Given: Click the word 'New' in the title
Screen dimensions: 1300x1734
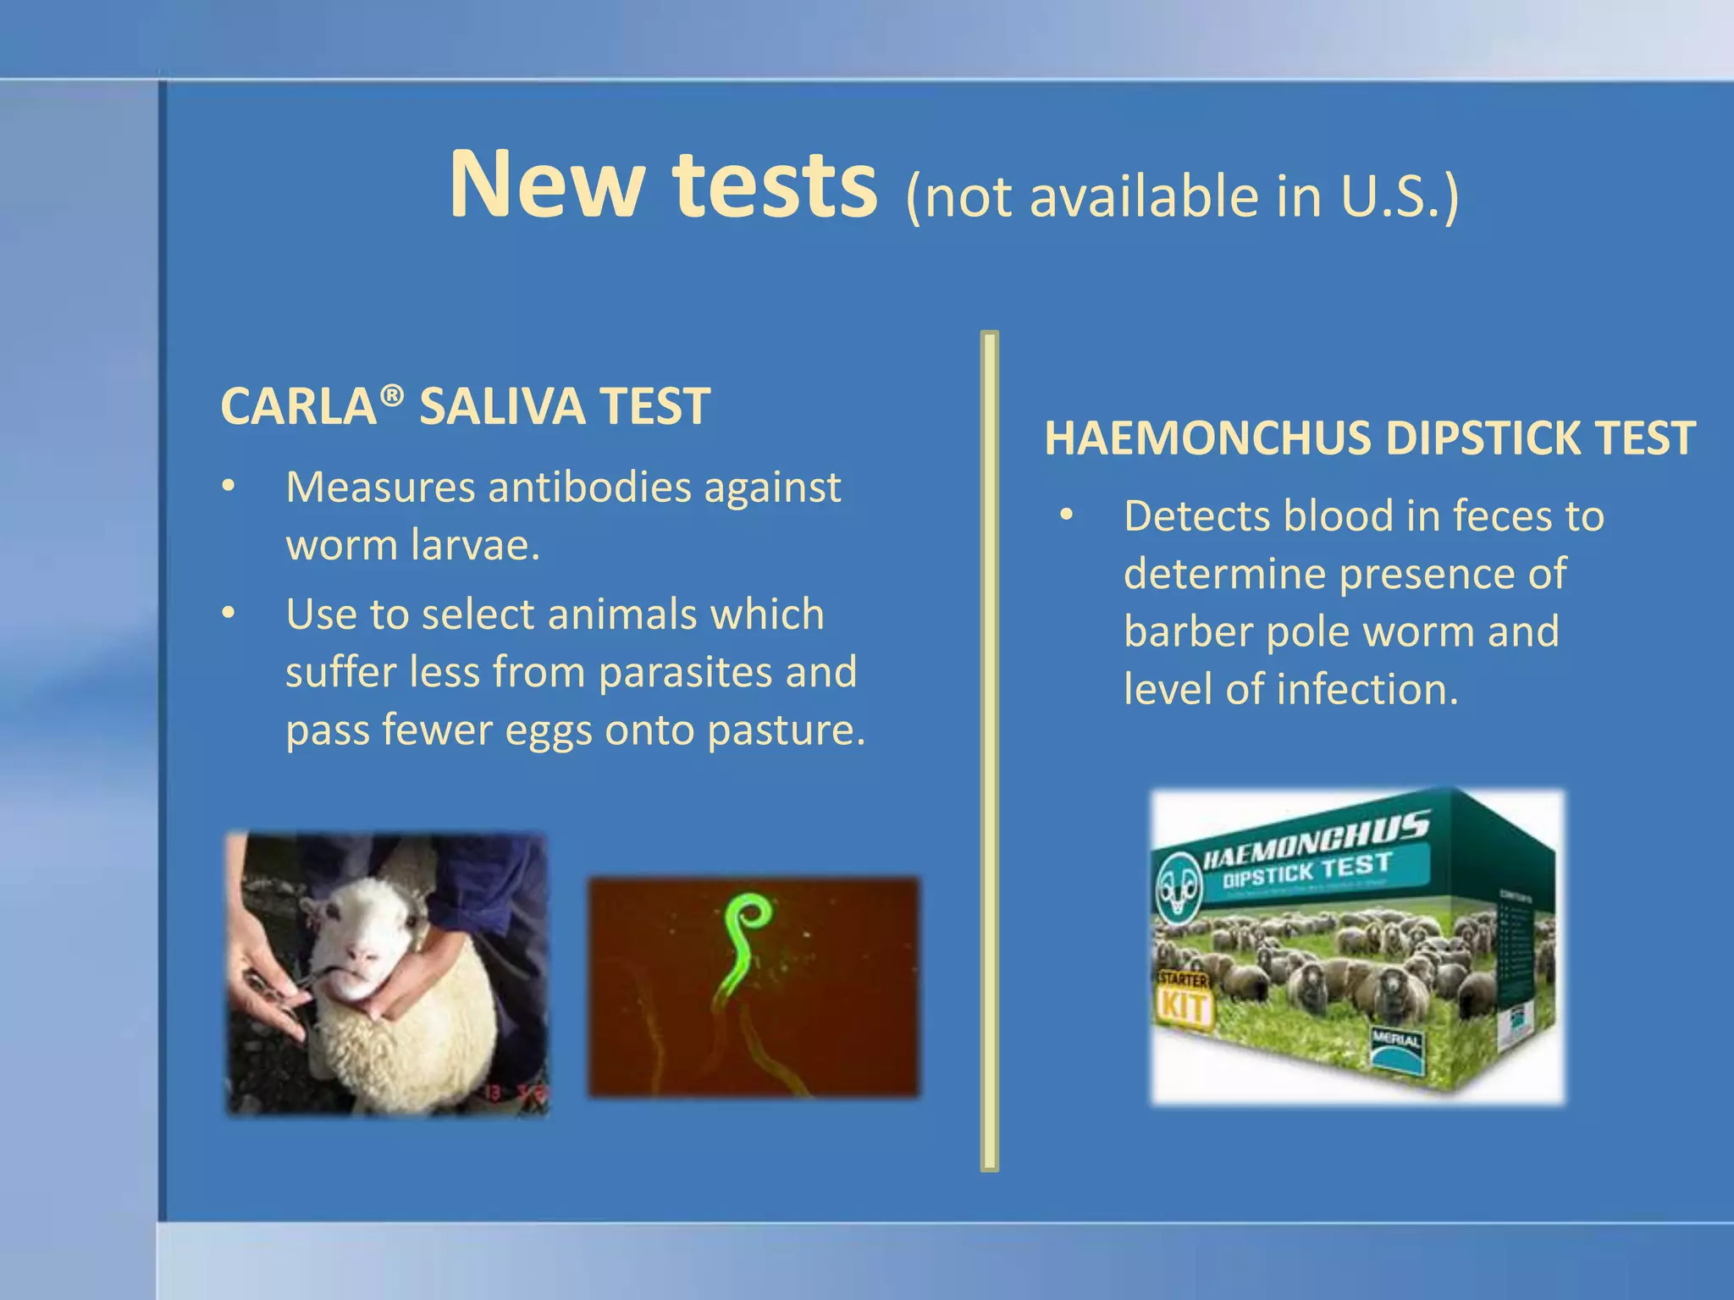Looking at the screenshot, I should point(545,185).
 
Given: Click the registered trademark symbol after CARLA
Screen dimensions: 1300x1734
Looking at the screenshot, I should point(391,394).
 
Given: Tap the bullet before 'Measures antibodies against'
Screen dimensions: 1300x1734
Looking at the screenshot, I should point(228,487).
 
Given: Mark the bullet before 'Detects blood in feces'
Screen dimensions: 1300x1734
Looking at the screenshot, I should point(1066,515).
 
